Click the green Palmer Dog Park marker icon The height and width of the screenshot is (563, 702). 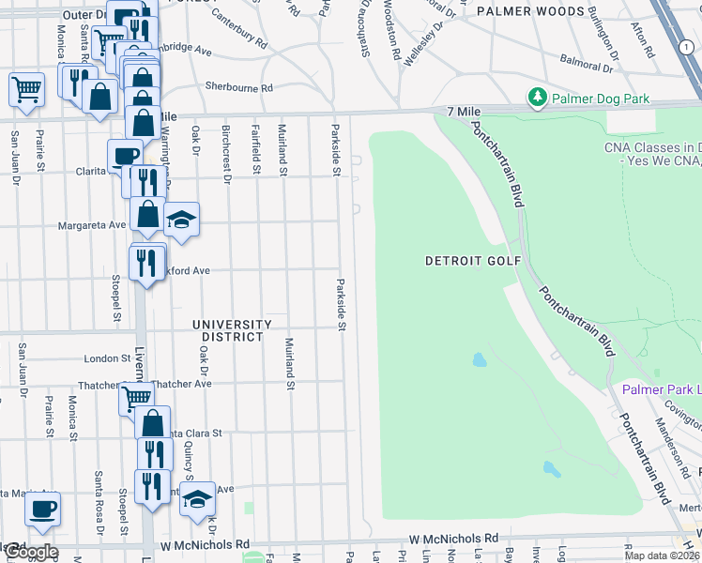(x=537, y=98)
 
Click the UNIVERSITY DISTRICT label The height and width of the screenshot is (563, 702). (x=232, y=330)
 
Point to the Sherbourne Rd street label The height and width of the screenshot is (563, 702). (x=238, y=87)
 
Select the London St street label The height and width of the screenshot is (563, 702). (x=106, y=358)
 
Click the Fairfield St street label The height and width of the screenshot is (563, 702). (x=255, y=151)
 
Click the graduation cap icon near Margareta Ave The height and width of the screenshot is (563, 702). (x=181, y=221)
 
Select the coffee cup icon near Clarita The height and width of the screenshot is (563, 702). (x=125, y=156)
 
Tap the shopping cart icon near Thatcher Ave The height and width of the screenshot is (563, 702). (x=137, y=398)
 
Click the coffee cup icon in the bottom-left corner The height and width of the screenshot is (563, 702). (x=42, y=510)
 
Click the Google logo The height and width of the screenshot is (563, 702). (x=30, y=551)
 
